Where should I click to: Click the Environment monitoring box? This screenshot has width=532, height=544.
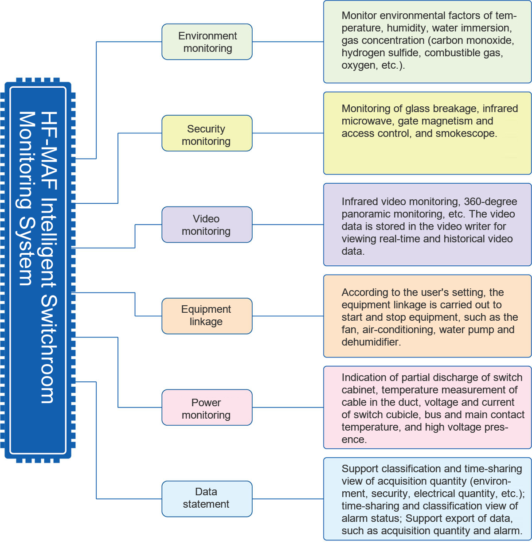tap(207, 42)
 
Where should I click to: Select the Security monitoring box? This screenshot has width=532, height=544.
tap(207, 133)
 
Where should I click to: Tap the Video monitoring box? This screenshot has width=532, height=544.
tap(207, 225)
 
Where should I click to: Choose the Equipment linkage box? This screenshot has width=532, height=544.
tap(207, 316)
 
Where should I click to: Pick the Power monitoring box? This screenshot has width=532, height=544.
tap(207, 407)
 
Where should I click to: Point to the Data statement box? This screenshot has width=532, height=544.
tap(207, 499)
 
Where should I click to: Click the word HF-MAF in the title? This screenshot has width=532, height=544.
tap(49, 151)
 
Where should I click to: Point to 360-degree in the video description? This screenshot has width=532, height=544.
tap(490, 201)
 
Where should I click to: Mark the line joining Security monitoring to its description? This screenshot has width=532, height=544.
tap(288, 133)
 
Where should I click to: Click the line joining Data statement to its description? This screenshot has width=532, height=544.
tap(288, 499)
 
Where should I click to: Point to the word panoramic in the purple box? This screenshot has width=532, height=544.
tap(364, 214)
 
